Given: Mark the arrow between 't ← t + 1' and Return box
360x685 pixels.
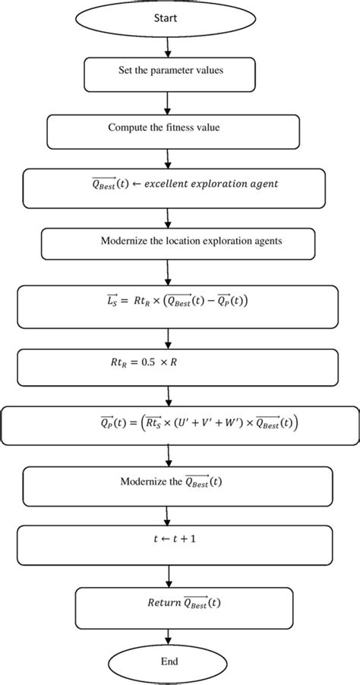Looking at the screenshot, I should [168, 575].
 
